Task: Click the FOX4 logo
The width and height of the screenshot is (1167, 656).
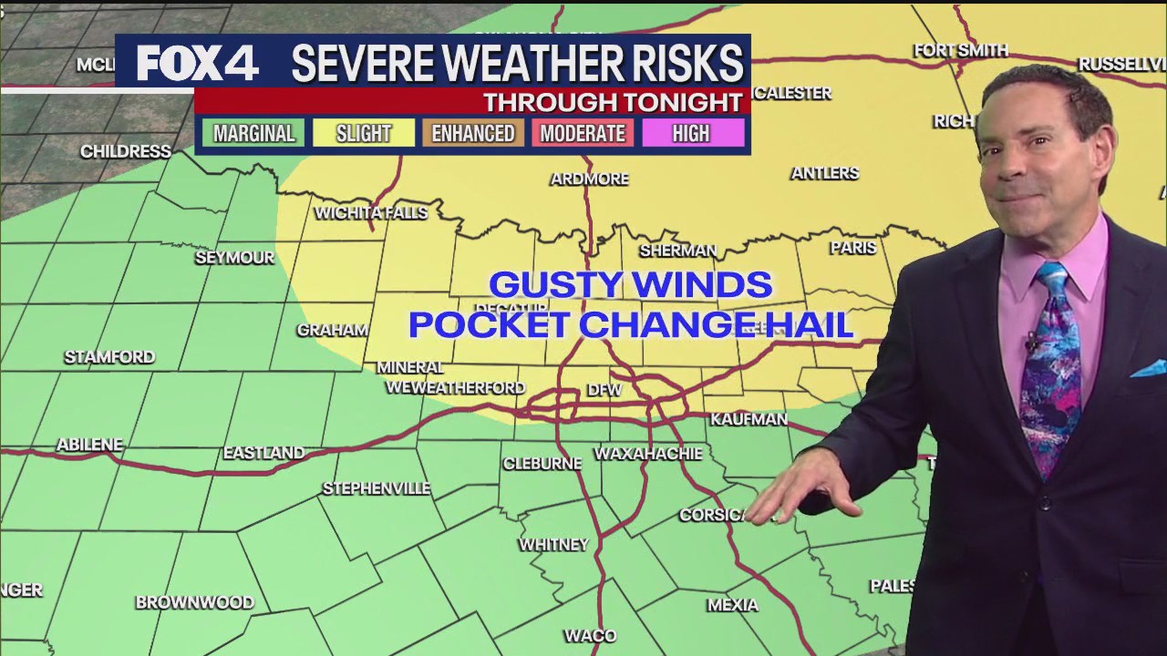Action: [x=197, y=63]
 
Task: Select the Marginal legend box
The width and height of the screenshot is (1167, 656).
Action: [x=253, y=133]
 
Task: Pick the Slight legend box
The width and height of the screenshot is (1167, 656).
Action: [x=364, y=133]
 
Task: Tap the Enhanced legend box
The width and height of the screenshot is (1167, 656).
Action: [x=473, y=133]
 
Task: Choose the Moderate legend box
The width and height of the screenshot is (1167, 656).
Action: [x=583, y=133]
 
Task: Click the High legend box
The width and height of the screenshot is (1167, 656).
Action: [x=691, y=133]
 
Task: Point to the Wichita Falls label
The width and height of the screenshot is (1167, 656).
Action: [x=371, y=212]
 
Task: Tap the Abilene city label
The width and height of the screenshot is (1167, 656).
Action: [x=89, y=445]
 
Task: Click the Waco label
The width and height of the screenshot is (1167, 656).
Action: [x=590, y=635]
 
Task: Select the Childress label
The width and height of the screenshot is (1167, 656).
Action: [x=126, y=151]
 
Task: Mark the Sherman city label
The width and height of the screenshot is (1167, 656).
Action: [x=677, y=250]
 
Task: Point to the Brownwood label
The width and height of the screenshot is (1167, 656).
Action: [x=194, y=602]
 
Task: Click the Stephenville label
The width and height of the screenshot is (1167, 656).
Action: [x=376, y=488]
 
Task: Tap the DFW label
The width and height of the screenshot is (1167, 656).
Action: [x=604, y=389]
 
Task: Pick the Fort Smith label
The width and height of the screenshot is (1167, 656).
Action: [x=961, y=50]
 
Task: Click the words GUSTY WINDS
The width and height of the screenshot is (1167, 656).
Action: [x=631, y=285]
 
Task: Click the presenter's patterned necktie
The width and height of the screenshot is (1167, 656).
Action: [x=1051, y=364]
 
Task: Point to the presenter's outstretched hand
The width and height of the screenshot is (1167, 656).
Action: [x=802, y=492]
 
